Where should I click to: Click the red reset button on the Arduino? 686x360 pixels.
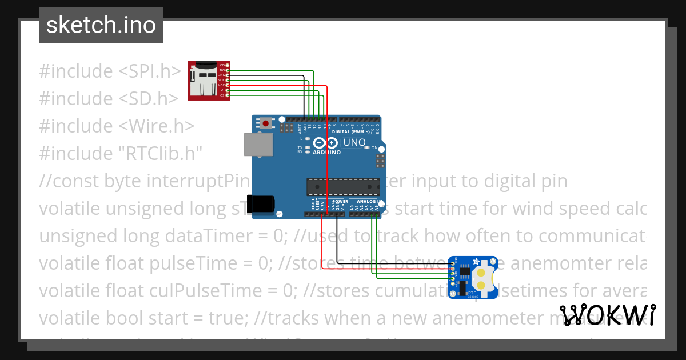pyautogui.click(x=266, y=123)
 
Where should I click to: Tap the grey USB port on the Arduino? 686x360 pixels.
pyautogui.click(x=254, y=145)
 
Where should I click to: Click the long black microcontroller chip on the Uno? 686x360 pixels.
pyautogui.click(x=343, y=187)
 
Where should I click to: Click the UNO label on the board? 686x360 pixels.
pyautogui.click(x=354, y=142)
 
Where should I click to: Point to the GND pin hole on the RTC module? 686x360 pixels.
pyautogui.click(x=453, y=263)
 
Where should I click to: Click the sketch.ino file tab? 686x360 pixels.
pyautogui.click(x=101, y=25)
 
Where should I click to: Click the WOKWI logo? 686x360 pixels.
pyautogui.click(x=607, y=315)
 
